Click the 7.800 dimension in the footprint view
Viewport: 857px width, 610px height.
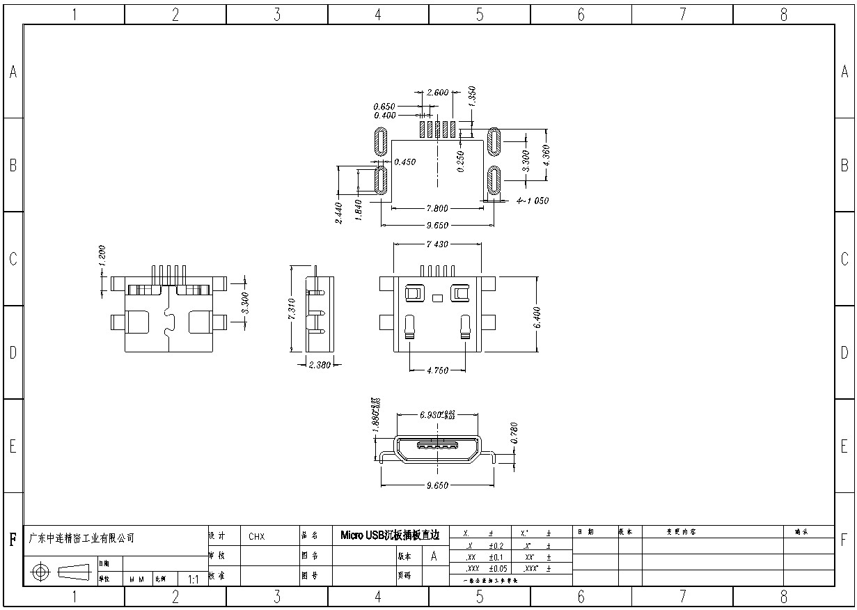(437, 208)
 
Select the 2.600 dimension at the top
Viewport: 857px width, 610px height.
(437, 92)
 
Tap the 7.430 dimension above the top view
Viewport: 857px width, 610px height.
(437, 244)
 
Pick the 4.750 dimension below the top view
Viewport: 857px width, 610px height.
(437, 370)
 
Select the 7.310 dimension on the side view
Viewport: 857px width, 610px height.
(292, 309)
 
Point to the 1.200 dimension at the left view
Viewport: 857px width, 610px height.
(102, 256)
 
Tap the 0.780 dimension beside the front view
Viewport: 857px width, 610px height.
(514, 433)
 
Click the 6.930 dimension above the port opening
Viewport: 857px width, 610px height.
(432, 414)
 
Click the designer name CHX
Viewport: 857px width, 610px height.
(256, 537)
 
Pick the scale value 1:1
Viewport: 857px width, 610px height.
(194, 579)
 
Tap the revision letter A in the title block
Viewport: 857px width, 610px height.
(434, 556)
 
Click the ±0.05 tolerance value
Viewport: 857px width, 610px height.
(498, 568)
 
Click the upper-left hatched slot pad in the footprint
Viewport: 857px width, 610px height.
(381, 142)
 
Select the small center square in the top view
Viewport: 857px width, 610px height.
(437, 299)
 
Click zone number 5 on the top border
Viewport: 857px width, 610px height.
(479, 14)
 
